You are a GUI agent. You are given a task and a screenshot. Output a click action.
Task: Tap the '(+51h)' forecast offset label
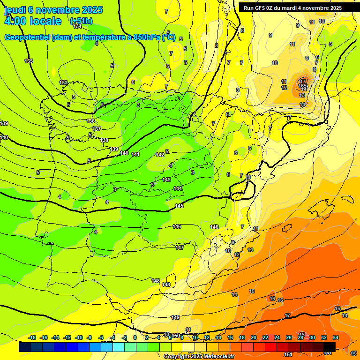click(81, 21)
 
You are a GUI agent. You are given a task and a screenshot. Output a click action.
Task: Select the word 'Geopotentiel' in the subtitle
click(28, 37)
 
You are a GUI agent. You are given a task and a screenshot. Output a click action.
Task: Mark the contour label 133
click(63, 82)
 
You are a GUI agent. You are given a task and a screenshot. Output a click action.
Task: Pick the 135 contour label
click(29, 61)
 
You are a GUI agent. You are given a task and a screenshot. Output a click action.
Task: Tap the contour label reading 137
click(97, 129)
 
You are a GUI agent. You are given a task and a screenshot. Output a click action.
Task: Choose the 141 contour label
click(135, 154)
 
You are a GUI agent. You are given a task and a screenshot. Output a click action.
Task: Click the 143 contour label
click(166, 180)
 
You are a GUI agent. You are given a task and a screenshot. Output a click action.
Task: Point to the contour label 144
click(178, 188)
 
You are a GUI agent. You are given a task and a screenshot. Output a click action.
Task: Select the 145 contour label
click(179, 206)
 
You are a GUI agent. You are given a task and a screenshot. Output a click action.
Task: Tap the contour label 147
click(180, 247)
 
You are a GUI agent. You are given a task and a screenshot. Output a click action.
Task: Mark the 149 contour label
click(175, 317)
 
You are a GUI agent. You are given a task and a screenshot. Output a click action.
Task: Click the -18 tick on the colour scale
click(32, 337)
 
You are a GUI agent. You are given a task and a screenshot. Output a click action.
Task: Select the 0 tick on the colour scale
click(135, 337)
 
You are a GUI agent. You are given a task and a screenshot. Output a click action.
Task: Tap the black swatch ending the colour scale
click(329, 347)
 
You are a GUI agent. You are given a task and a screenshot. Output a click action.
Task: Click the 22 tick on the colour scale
click(265, 337)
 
